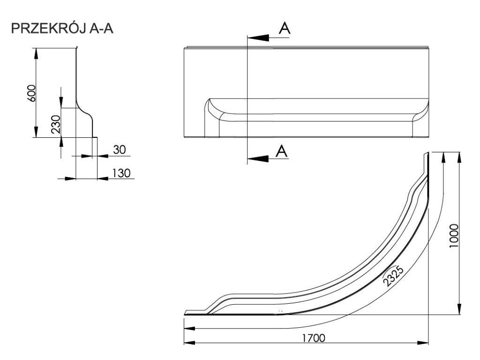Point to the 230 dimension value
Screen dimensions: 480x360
[x=56, y=124]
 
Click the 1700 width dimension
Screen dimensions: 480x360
[x=313, y=337]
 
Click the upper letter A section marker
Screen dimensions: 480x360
[x=284, y=28]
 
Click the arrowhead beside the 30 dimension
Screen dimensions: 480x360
[x=86, y=156]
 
